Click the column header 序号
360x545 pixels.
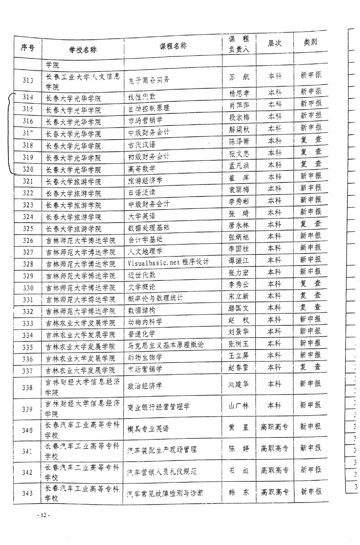click(27, 47)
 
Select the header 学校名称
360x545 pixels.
click(83, 50)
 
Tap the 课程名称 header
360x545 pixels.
click(173, 46)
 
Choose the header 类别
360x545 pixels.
click(310, 42)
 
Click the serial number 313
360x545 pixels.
click(28, 81)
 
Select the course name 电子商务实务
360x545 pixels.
click(149, 79)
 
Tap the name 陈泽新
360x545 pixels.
click(239, 141)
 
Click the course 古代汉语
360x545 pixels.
click(142, 145)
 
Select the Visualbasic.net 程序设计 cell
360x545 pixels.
click(168, 262)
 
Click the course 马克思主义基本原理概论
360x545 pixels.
click(166, 345)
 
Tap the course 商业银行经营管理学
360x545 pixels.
click(159, 406)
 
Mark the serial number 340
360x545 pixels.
click(27, 430)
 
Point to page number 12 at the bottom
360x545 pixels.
click(44, 515)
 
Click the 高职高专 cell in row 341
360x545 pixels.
click(275, 448)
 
